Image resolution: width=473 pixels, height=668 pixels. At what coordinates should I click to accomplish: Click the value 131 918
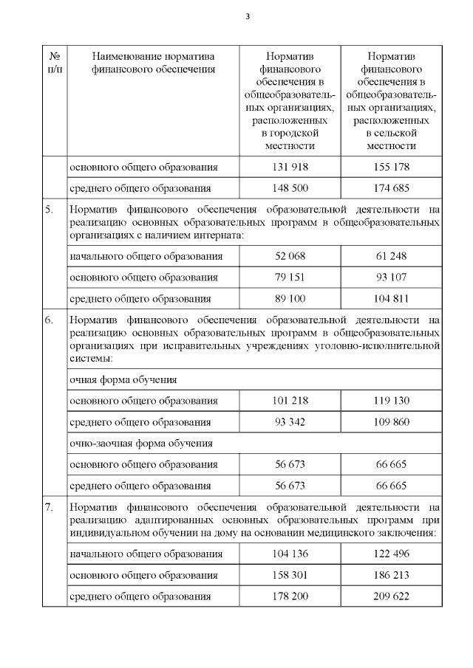click(x=290, y=168)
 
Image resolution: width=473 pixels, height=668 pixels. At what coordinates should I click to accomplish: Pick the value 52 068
click(x=290, y=256)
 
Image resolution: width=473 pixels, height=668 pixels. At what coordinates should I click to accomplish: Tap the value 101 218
click(x=290, y=401)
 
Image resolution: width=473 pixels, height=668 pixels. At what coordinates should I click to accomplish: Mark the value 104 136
click(x=290, y=554)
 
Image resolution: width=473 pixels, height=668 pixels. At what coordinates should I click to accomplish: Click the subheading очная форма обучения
click(x=123, y=379)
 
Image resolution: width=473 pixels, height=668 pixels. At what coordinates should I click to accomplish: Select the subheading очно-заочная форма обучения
click(x=140, y=444)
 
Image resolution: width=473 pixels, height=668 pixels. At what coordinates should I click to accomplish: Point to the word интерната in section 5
click(x=220, y=235)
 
